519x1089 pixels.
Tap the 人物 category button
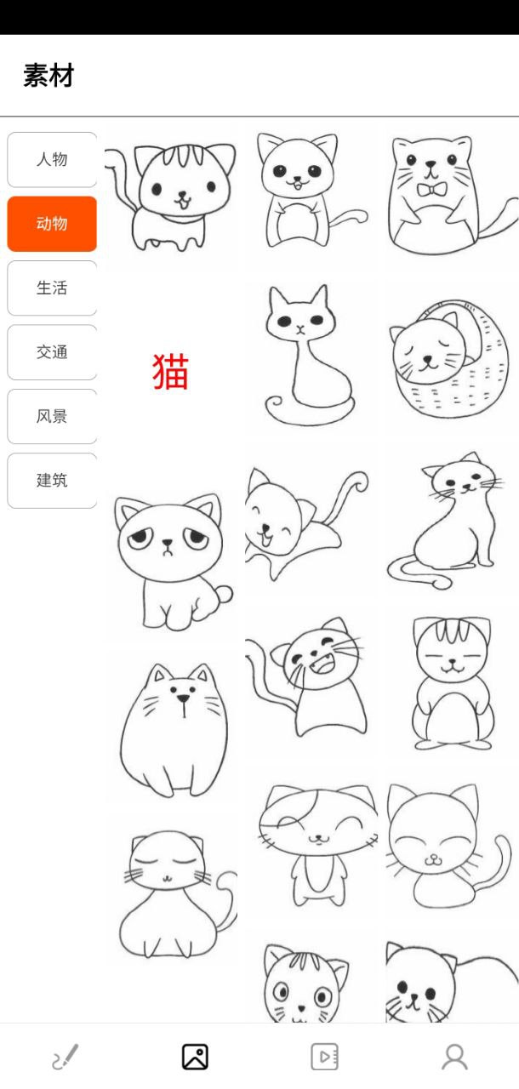click(52, 159)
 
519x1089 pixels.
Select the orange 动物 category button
click(52, 224)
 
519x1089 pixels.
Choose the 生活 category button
click(52, 288)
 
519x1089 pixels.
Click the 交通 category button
click(52, 352)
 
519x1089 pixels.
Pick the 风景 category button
click(52, 416)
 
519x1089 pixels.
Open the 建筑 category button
click(52, 481)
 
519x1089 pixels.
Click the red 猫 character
click(170, 372)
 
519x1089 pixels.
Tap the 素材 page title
click(48, 76)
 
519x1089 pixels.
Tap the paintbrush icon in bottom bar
click(66, 1057)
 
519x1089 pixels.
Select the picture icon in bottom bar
click(195, 1057)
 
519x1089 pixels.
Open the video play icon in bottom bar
click(325, 1057)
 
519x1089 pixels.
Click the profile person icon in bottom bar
click(455, 1057)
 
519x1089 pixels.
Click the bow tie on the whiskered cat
click(431, 189)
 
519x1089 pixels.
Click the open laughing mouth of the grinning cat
click(322, 664)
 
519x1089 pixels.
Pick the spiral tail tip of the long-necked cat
click(275, 404)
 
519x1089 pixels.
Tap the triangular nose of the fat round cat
click(183, 698)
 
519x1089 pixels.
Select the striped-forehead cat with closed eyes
click(453, 683)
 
